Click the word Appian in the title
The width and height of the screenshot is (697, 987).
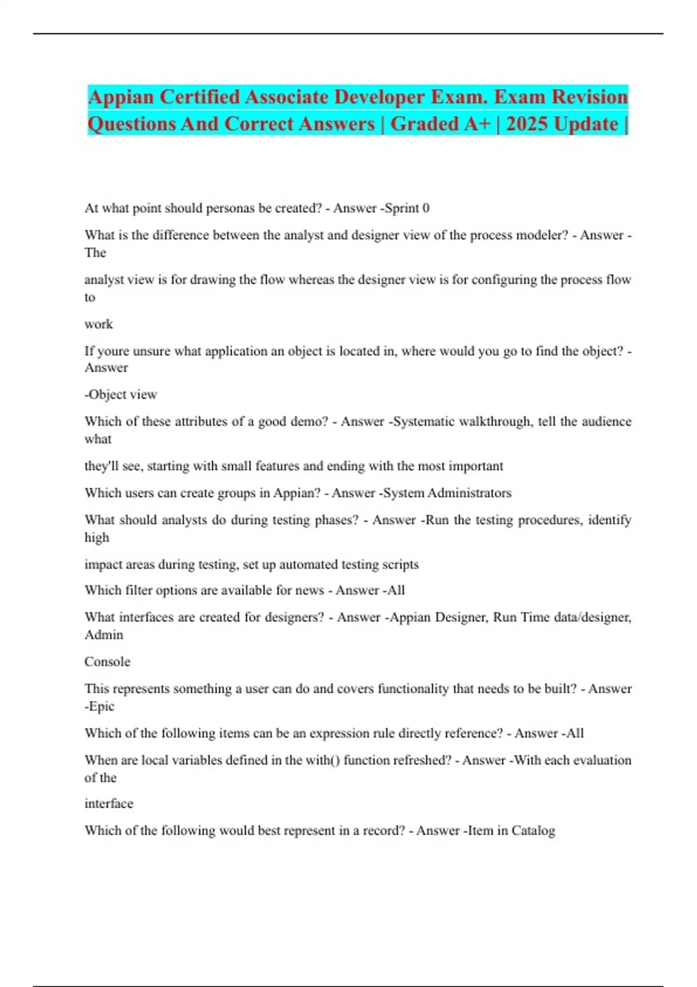pos(121,98)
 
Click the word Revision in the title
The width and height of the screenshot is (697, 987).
pos(590,97)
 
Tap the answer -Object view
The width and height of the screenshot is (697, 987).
pos(121,395)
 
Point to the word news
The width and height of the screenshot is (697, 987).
pos(309,590)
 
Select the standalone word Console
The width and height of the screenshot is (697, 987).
pos(107,662)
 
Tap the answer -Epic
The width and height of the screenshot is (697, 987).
pos(100,707)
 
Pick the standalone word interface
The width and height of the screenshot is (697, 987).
pos(109,804)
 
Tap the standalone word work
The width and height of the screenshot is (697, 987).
pos(99,324)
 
